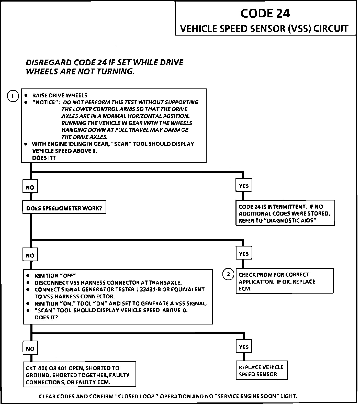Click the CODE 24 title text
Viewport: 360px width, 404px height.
(265, 13)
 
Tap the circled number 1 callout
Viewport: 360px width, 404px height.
(13, 96)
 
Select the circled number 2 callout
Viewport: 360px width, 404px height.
(228, 274)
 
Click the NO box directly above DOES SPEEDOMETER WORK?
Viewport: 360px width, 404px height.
(30, 187)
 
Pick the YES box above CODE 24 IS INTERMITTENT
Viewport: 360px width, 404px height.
(244, 186)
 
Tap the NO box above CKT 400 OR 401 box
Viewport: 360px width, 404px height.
(30, 348)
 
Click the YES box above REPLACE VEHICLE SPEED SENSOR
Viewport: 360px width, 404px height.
(244, 347)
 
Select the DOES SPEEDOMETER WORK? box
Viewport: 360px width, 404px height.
(64, 208)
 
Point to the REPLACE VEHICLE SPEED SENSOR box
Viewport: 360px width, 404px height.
(261, 371)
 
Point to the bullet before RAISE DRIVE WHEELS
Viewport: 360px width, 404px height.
(26, 95)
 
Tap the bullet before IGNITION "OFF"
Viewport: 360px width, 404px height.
(28, 276)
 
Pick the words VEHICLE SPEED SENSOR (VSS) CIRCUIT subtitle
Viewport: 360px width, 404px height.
(264, 28)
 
